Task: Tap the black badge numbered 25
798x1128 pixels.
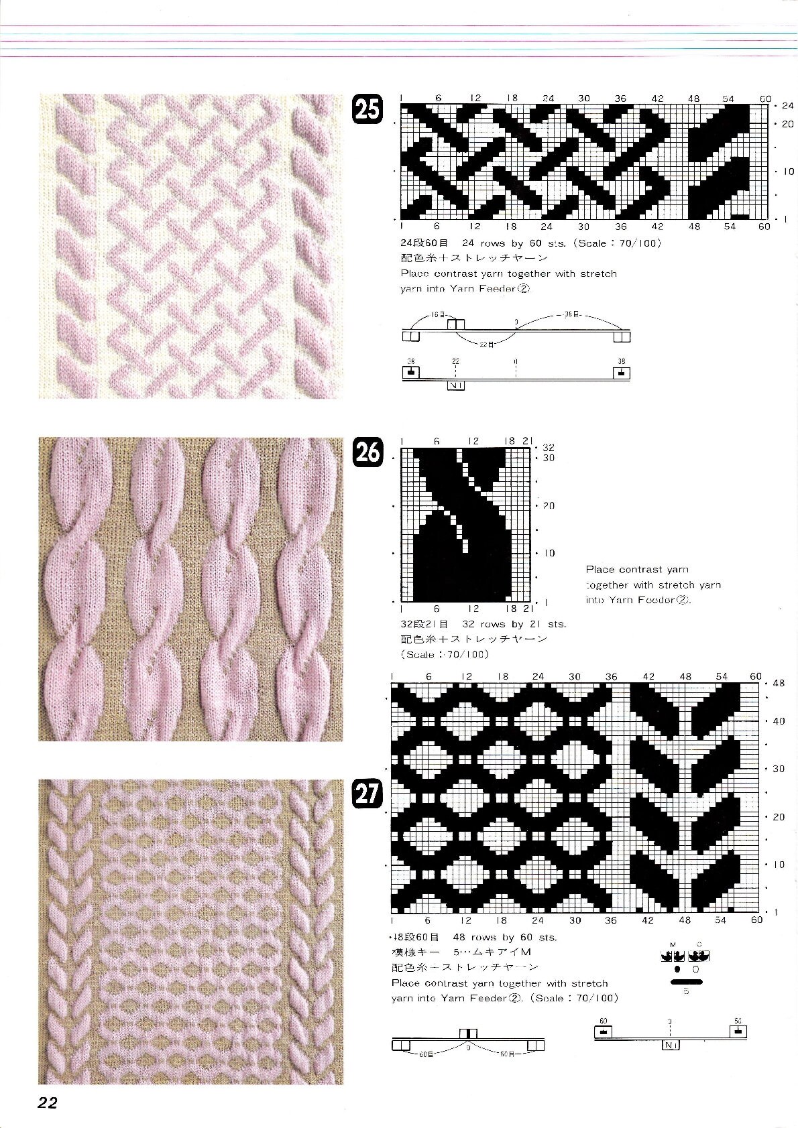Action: [367, 109]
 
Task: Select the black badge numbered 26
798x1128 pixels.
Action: [367, 452]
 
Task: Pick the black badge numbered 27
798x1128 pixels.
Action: [367, 795]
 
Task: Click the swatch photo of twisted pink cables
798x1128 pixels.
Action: [190, 589]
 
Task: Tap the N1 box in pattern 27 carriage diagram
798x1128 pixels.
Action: [670, 1045]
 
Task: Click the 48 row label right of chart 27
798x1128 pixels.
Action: [779, 684]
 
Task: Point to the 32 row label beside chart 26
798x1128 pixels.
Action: [549, 447]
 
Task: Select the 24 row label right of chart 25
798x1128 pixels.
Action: [787, 106]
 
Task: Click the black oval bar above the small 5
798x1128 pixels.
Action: [685, 982]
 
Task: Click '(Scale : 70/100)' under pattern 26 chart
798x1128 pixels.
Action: [445, 654]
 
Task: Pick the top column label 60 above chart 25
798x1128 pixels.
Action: [765, 99]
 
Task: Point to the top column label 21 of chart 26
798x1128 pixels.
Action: [527, 441]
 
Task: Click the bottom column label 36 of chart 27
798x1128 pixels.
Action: [610, 920]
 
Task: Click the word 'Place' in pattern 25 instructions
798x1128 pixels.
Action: [415, 273]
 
